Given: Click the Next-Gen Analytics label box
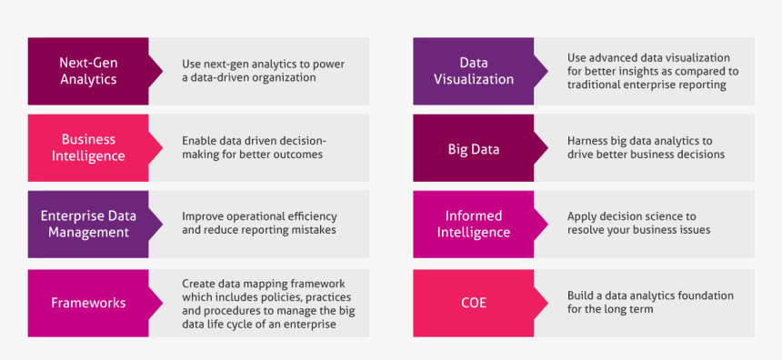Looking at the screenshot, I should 88,71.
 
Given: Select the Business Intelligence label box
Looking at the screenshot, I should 88,147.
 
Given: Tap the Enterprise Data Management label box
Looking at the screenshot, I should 88,224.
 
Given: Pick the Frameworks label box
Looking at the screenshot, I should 88,303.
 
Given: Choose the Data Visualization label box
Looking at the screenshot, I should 473,71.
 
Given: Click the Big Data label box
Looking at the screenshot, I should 473,148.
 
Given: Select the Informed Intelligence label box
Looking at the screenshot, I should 473,224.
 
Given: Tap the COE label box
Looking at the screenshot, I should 473,303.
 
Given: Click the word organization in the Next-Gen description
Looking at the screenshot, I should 280,78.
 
